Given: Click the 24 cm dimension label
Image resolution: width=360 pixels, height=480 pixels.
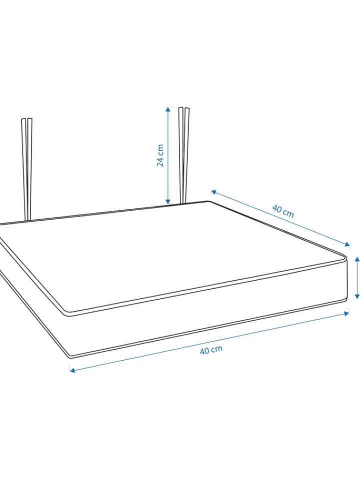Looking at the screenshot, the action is tap(160, 155).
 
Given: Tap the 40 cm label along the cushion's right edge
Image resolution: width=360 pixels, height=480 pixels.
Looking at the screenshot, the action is tap(283, 211).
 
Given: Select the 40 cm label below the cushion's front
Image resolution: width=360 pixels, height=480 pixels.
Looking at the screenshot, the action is tap(211, 350).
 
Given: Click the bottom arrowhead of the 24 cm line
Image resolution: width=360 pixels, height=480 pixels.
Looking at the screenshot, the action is tap(167, 201).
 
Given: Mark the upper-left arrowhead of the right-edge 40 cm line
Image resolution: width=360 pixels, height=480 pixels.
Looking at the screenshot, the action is tap(213, 192).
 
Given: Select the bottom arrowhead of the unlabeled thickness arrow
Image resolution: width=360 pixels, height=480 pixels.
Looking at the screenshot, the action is tap(356, 296).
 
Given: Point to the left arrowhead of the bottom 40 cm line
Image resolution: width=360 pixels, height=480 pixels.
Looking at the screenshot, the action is tap(72, 370).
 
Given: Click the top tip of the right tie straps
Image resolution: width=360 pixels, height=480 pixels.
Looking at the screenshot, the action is tap(184, 108).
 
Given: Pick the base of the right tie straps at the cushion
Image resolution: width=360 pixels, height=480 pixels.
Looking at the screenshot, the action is tap(183, 202).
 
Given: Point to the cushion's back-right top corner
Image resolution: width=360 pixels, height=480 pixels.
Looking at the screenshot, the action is tap(208, 201).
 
